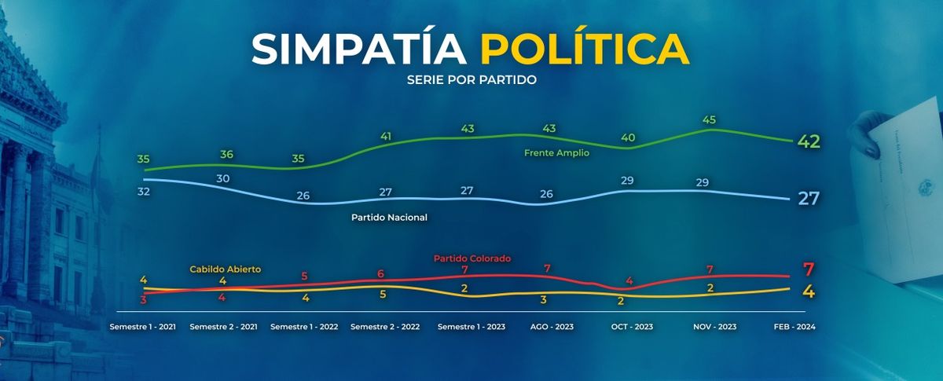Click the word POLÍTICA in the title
pyautogui.click(x=585, y=49)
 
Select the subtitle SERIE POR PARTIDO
pyautogui.click(x=472, y=80)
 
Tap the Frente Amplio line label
pyautogui.click(x=556, y=153)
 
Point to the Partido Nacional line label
pyautogui.click(x=389, y=217)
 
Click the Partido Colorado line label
pyautogui.click(x=472, y=258)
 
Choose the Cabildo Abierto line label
pyautogui.click(x=225, y=269)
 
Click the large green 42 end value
pyautogui.click(x=809, y=141)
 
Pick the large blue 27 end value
pyautogui.click(x=809, y=199)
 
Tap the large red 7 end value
pyautogui.click(x=808, y=269)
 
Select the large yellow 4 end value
pyautogui.click(x=808, y=291)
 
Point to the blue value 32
pyautogui.click(x=143, y=190)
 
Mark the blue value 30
pyautogui.click(x=223, y=179)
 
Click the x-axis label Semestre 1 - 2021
pyautogui.click(x=143, y=327)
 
